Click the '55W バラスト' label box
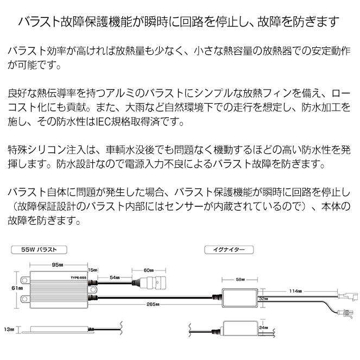point(39,250)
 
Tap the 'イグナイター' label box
point(229,250)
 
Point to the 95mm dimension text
point(58,265)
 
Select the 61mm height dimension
point(17,288)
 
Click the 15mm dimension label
point(93,270)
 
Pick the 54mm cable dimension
point(115,277)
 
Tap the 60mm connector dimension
point(149,270)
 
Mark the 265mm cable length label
point(153,305)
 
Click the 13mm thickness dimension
point(9,330)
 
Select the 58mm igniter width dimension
point(240,280)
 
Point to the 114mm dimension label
point(295,291)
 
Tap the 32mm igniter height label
point(263,299)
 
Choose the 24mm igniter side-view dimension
point(263,327)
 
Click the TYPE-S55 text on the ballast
point(79,278)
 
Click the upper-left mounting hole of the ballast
point(24,280)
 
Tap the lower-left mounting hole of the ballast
point(24,299)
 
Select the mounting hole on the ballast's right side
point(93,289)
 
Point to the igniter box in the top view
point(239,298)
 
